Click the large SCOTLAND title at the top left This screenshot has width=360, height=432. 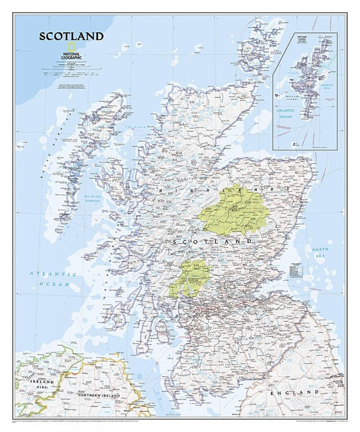click(x=71, y=36)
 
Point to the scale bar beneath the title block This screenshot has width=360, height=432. click(x=70, y=74)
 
